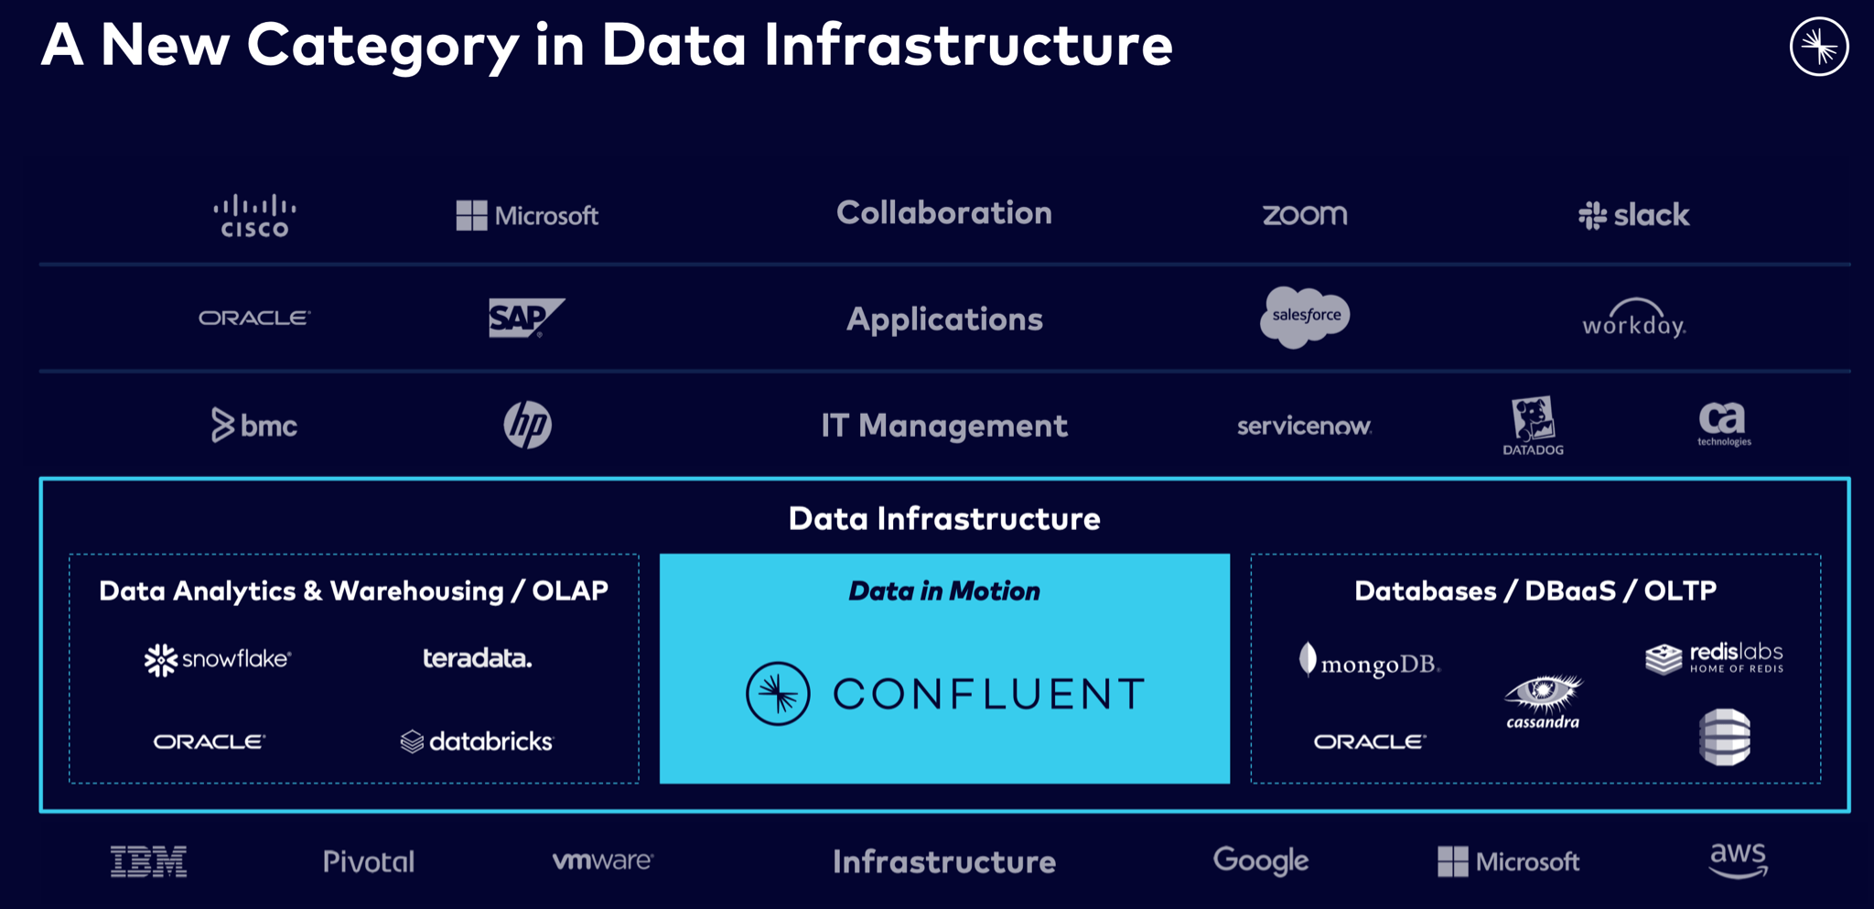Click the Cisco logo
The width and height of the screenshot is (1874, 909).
click(x=254, y=216)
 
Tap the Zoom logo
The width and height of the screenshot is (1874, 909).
click(x=1305, y=215)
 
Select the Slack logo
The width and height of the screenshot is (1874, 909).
click(x=1634, y=215)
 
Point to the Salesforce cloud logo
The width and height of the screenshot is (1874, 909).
click(x=1305, y=317)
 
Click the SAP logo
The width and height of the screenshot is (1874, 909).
click(x=526, y=318)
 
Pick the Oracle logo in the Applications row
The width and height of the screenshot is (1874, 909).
click(x=254, y=318)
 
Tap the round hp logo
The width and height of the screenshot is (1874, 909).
click(x=528, y=425)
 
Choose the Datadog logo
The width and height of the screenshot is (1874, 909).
click(x=1534, y=426)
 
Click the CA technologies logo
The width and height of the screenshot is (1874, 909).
click(x=1724, y=424)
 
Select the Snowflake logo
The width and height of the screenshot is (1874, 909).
click(x=218, y=659)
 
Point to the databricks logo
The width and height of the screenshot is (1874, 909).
click(x=477, y=741)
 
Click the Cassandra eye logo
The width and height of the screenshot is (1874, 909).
click(x=1544, y=701)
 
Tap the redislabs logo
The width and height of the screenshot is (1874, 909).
click(x=1714, y=657)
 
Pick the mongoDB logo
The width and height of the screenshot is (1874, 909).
click(x=1370, y=661)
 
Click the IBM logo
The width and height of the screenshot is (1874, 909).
click(x=149, y=861)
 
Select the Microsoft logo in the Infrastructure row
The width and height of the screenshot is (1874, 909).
click(x=1509, y=861)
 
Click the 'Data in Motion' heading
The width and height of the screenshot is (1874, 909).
click(x=944, y=591)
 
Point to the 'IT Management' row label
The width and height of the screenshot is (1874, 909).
click(x=944, y=426)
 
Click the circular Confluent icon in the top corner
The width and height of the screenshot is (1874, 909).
click(x=1819, y=47)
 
